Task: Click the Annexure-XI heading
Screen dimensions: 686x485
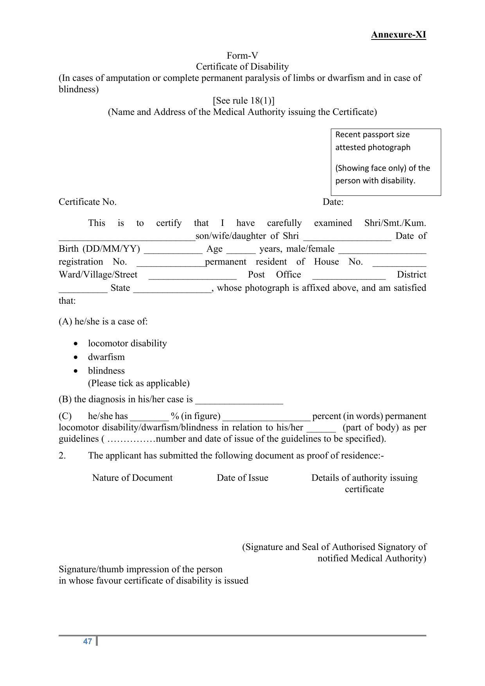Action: (x=398, y=35)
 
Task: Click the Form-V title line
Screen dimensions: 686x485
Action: (x=242, y=56)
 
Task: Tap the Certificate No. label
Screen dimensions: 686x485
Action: (x=88, y=202)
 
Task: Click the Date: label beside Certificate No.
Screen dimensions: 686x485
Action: (x=333, y=202)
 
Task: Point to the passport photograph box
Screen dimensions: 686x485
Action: (x=386, y=162)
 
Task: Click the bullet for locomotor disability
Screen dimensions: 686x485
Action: (x=76, y=344)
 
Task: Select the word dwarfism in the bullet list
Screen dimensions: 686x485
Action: (x=106, y=357)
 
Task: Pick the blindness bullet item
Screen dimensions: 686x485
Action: (x=106, y=371)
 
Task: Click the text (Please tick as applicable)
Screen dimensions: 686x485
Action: (x=139, y=383)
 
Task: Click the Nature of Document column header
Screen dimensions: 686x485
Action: (x=132, y=478)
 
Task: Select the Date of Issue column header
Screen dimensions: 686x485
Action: (x=242, y=478)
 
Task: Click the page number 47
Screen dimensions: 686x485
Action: (x=88, y=641)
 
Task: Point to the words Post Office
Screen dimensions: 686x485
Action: (x=274, y=274)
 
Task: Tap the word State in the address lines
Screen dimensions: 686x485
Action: (x=120, y=288)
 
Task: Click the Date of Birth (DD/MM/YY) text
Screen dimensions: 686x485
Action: (x=99, y=249)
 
